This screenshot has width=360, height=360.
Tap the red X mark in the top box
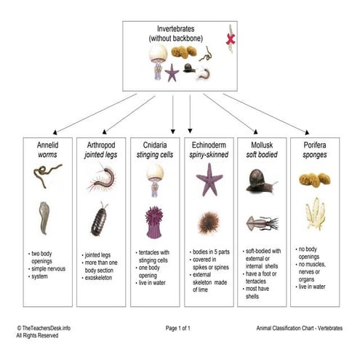coord(231,38)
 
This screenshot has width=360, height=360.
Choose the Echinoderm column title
coord(208,145)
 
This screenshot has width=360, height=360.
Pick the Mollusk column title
coord(262,145)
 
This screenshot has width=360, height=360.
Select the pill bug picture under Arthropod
coord(100,221)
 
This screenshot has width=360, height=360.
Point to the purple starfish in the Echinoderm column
coord(209,179)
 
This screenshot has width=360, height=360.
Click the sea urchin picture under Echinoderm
coord(209,223)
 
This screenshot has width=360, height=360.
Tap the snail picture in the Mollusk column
coord(259,180)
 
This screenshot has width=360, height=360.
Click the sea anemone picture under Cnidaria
coord(154,222)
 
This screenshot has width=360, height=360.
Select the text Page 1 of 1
coord(177,329)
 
